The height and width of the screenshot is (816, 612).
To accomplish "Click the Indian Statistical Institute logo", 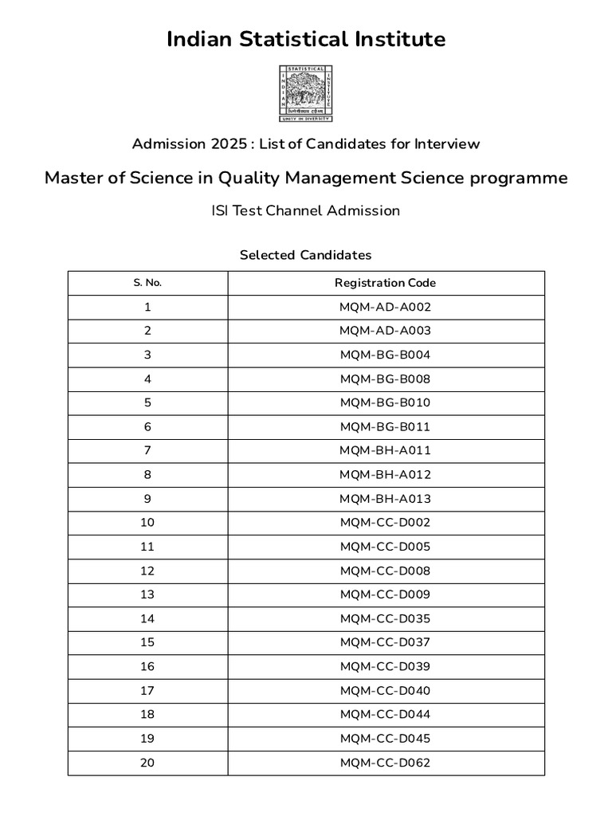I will [306, 94].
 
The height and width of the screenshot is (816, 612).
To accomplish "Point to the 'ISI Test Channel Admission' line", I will [306, 211].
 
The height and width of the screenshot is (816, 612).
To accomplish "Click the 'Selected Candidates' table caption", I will [306, 256].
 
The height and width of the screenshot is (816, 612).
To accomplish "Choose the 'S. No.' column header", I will [147, 283].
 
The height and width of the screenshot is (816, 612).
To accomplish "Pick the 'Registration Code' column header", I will [386, 283].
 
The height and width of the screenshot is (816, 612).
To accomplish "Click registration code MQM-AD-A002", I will [386, 307].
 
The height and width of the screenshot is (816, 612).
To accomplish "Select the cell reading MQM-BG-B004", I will [386, 355].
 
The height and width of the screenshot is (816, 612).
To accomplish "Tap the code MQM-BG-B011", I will [386, 427].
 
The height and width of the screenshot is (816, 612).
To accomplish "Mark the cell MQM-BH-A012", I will [386, 475].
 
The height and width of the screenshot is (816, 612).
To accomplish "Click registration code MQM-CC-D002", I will [386, 523].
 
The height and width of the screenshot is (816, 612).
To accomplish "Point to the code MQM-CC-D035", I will [386, 618].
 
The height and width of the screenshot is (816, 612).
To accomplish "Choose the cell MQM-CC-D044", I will [386, 714].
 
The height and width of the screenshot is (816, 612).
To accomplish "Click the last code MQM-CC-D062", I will [386, 763].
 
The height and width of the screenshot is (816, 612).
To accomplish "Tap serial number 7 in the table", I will [147, 451].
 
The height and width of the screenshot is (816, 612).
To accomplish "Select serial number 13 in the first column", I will [147, 594].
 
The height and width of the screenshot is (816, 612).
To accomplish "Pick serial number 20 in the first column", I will [147, 763].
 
